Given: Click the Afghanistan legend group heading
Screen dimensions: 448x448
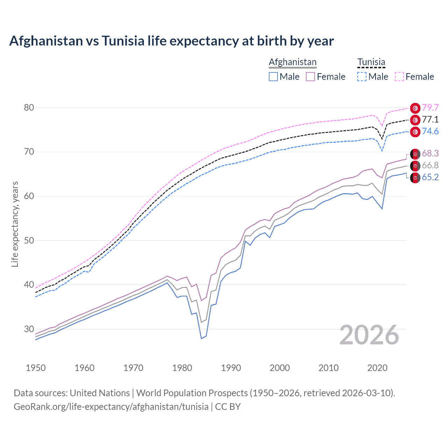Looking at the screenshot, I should click(293, 62).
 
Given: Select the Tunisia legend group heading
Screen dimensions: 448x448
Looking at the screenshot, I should click(371, 62).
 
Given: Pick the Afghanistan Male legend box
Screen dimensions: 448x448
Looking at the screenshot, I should click(273, 77).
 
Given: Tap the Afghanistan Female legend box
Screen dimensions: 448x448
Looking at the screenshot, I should click(310, 77).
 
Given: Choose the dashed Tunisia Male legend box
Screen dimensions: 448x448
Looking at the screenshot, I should click(362, 77).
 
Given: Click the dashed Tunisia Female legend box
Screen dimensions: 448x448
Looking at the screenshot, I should click(399, 77).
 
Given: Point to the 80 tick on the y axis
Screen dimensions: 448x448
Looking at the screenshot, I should click(29, 107).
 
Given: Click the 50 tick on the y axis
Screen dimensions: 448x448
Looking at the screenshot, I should click(29, 240).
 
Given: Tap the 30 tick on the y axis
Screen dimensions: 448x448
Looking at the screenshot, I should click(29, 329).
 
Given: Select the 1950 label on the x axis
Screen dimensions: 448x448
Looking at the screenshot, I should click(36, 368).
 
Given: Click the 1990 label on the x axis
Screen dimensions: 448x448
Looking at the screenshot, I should click(231, 368).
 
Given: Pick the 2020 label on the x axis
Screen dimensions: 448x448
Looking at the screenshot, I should click(377, 368).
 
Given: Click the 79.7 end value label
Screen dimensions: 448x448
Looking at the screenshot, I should click(430, 107).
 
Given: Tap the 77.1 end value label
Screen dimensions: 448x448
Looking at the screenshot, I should click(430, 120).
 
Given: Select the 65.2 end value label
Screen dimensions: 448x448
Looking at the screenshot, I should click(430, 177).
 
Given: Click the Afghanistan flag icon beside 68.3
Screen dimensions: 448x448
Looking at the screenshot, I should click(415, 154).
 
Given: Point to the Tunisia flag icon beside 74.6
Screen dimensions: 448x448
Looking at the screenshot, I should click(415, 132).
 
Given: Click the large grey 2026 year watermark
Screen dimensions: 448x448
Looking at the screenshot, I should click(369, 335).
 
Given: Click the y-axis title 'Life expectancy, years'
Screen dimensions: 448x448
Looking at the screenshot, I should click(15, 224).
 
